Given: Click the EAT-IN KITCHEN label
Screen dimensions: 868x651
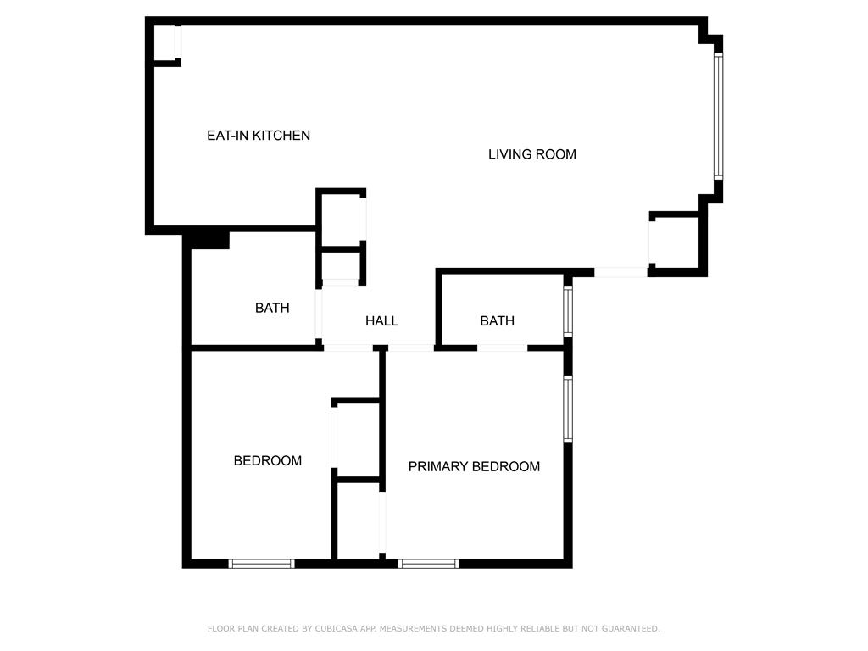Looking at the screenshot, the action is (x=259, y=136).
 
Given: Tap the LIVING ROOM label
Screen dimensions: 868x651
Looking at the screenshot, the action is (x=532, y=154).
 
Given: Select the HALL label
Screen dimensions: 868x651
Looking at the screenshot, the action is (x=381, y=321).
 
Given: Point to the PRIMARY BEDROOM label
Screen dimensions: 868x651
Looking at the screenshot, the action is (x=474, y=467).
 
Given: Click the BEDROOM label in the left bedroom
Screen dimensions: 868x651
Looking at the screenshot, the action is (x=267, y=460).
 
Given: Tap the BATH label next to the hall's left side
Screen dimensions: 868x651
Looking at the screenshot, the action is (x=272, y=308).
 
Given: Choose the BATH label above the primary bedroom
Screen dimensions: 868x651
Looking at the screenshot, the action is (x=497, y=321).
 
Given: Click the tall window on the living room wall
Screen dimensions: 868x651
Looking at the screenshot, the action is (x=718, y=115).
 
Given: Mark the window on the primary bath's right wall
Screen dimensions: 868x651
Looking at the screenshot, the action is (x=568, y=310).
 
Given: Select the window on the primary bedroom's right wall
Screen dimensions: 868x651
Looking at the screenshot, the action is (x=568, y=409).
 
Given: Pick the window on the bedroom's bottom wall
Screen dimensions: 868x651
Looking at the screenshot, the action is (x=261, y=564).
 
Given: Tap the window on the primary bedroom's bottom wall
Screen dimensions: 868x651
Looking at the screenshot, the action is (x=428, y=564).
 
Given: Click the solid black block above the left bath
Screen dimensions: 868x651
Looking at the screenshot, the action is (x=210, y=240).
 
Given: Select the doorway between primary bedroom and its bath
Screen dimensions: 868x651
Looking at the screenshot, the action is (x=502, y=348).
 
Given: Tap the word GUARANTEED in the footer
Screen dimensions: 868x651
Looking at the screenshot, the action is (x=631, y=628).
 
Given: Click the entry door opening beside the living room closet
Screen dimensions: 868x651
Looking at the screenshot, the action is (x=620, y=272).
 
